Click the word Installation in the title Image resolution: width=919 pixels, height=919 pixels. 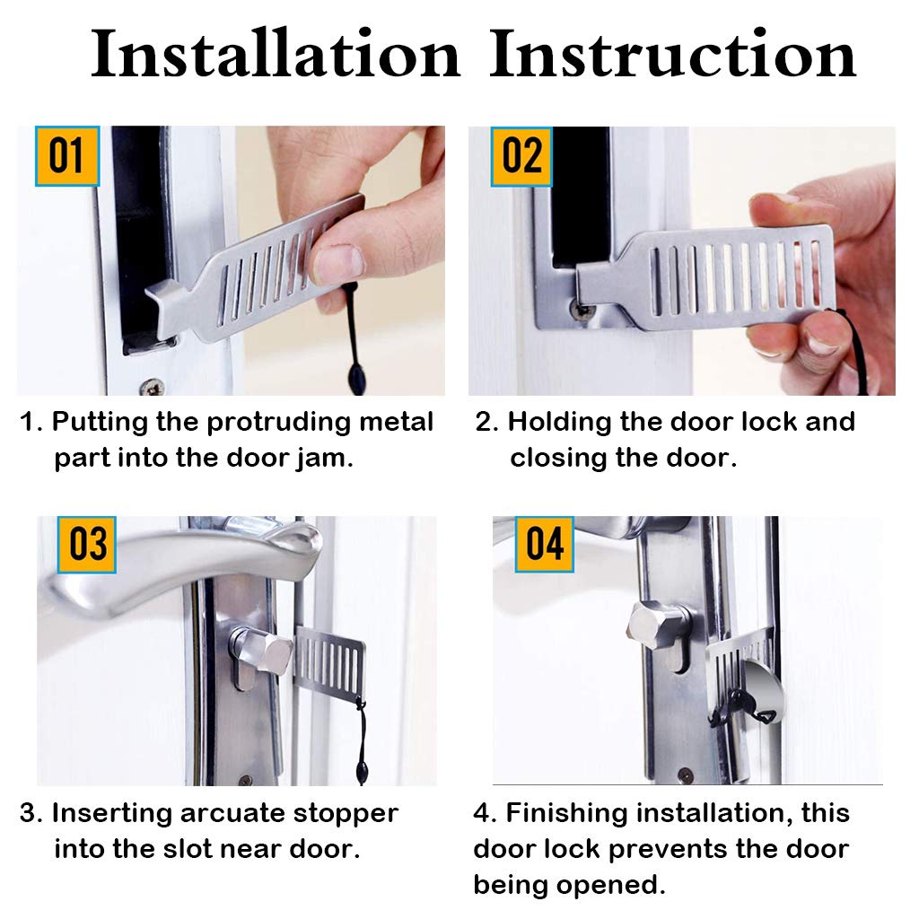pyautogui.click(x=276, y=54)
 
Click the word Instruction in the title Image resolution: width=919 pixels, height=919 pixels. pyautogui.click(x=673, y=54)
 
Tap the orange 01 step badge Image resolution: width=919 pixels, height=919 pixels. pyautogui.click(x=66, y=156)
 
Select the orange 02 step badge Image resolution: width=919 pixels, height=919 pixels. pyautogui.click(x=521, y=156)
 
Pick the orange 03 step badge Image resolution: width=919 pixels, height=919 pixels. pyautogui.click(x=87, y=545)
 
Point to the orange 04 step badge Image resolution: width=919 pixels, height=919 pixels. pyautogui.click(x=544, y=545)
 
